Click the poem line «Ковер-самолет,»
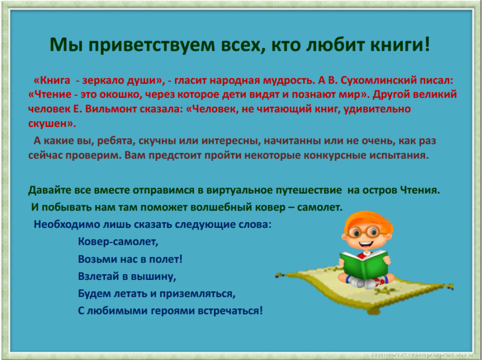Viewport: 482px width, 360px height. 118,241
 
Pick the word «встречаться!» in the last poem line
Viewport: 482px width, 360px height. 230,311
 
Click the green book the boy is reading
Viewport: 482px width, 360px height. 365,264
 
